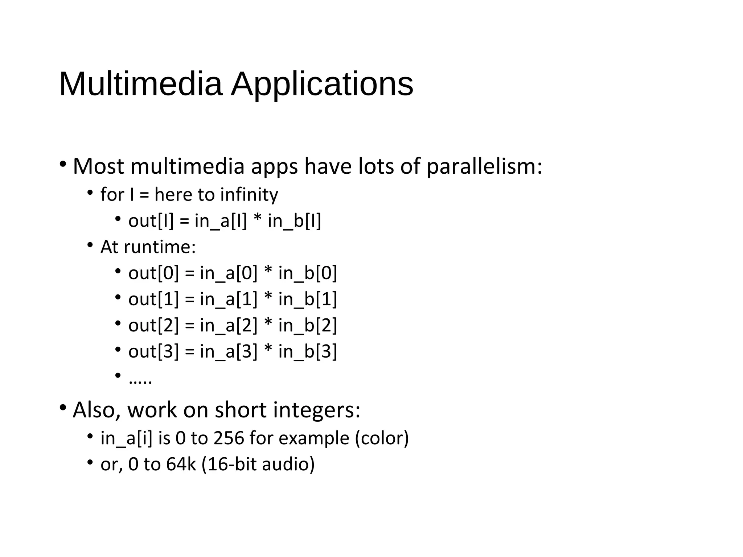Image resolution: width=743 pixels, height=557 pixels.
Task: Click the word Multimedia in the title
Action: tap(140, 84)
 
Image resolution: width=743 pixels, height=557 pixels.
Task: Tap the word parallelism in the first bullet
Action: tap(484, 166)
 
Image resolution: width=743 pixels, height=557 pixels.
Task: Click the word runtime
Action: tap(160, 247)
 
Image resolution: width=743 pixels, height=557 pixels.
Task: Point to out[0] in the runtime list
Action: tap(154, 273)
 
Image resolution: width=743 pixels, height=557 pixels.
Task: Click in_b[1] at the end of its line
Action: tap(308, 299)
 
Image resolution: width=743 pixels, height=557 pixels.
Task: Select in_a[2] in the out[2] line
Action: tap(229, 325)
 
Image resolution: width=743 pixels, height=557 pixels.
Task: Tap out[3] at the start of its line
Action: tap(154, 351)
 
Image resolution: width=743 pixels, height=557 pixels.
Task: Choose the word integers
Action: tap(316, 410)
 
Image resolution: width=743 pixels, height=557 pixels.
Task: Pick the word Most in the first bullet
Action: tap(99, 166)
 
